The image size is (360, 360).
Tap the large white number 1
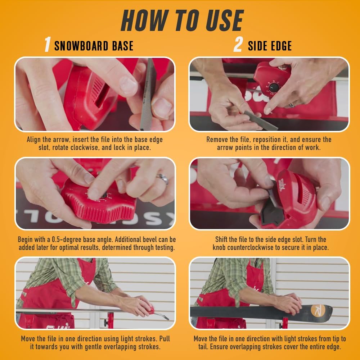click(x=48, y=44)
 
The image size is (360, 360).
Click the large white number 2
click(x=238, y=44)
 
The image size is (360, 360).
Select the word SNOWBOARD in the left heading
click(x=81, y=46)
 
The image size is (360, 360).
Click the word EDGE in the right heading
click(x=282, y=46)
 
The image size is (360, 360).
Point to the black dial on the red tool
click(x=274, y=87)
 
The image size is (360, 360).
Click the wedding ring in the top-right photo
click(x=292, y=105)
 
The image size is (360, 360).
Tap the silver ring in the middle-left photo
click(x=162, y=179)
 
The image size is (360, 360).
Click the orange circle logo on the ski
click(x=318, y=310)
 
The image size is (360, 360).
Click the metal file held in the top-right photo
click(x=261, y=120)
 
